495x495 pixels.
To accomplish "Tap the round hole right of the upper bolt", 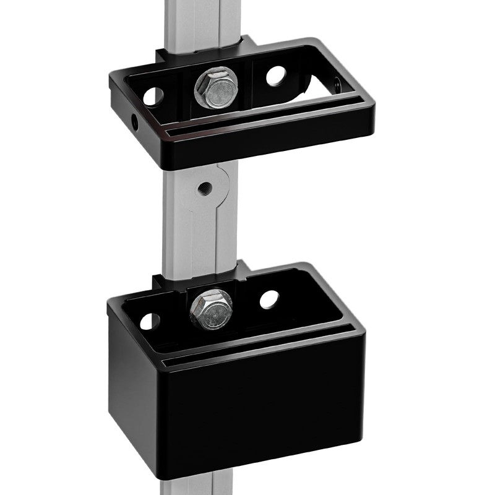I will pyautogui.click(x=276, y=75).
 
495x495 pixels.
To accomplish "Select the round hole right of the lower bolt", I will pyautogui.click(x=269, y=299).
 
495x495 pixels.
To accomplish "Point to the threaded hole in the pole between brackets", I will pyautogui.click(x=202, y=186).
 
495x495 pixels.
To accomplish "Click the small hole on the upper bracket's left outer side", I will pyautogui.click(x=134, y=122).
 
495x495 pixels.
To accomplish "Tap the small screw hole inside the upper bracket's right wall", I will pyautogui.click(x=336, y=85).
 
